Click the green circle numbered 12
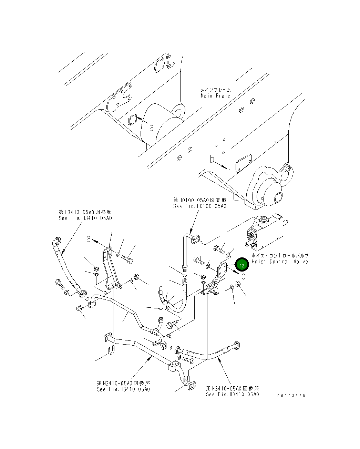pos(242,265)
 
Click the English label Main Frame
pos(215,96)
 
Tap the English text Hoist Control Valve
pos(279,262)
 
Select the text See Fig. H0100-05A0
pos(199,206)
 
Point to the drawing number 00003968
pos(291,396)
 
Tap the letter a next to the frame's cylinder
pos(152,128)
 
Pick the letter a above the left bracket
pos(89,238)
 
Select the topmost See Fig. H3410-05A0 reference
pos(85,218)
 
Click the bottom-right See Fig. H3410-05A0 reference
pos(232,394)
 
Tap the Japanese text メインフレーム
pos(216,90)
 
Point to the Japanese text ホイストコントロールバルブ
pos(280,256)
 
